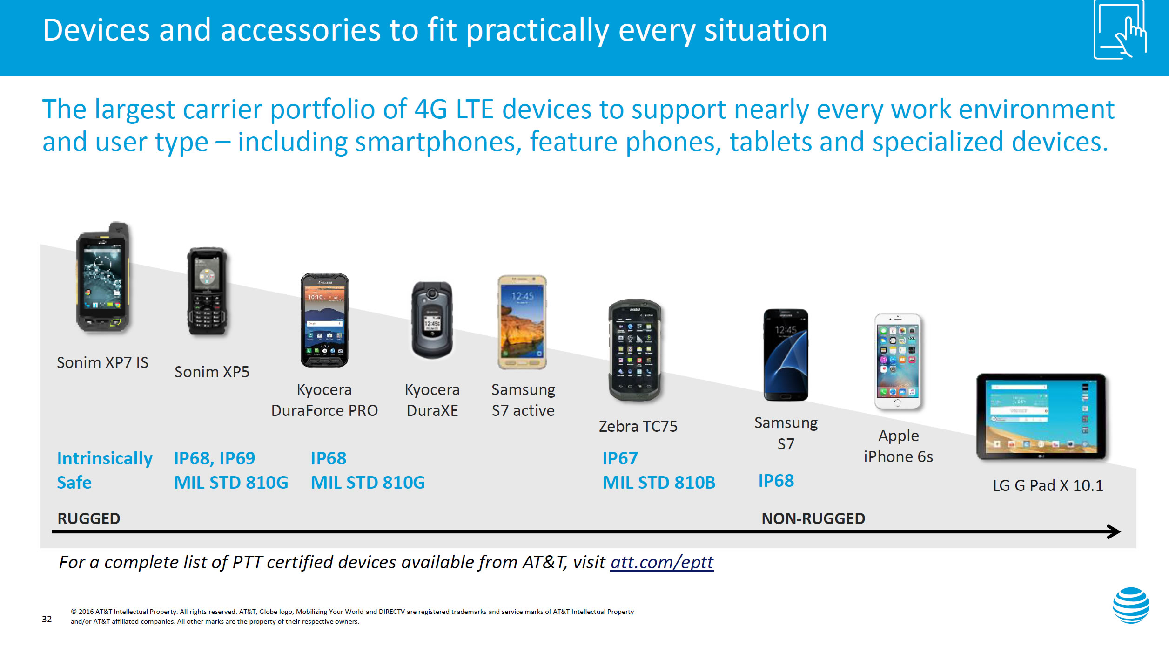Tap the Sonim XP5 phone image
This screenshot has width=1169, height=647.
coord(208,291)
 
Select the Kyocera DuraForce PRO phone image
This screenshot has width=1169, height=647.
coord(324,320)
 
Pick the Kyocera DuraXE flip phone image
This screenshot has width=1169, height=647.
coord(432,320)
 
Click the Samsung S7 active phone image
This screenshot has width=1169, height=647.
coord(522,322)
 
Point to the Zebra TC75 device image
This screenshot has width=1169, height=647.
coord(635,350)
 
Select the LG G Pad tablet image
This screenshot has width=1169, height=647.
coord(1041,416)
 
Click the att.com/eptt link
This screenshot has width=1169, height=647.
coord(662,562)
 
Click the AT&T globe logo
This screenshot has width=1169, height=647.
coord(1131,605)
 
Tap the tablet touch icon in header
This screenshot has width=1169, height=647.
coord(1119,30)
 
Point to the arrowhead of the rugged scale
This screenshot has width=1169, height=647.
coord(1115,531)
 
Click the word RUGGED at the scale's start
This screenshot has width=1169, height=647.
coord(88,518)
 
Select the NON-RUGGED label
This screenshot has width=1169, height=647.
coord(813,518)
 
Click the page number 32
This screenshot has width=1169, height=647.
coord(47,619)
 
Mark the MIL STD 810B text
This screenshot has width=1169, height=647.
coord(658,483)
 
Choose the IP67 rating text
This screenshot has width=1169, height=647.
coord(620,458)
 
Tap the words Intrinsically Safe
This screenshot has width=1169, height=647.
coord(104,470)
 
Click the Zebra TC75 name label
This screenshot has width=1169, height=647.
coord(638,426)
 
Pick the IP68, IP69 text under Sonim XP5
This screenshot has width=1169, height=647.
coord(214,458)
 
